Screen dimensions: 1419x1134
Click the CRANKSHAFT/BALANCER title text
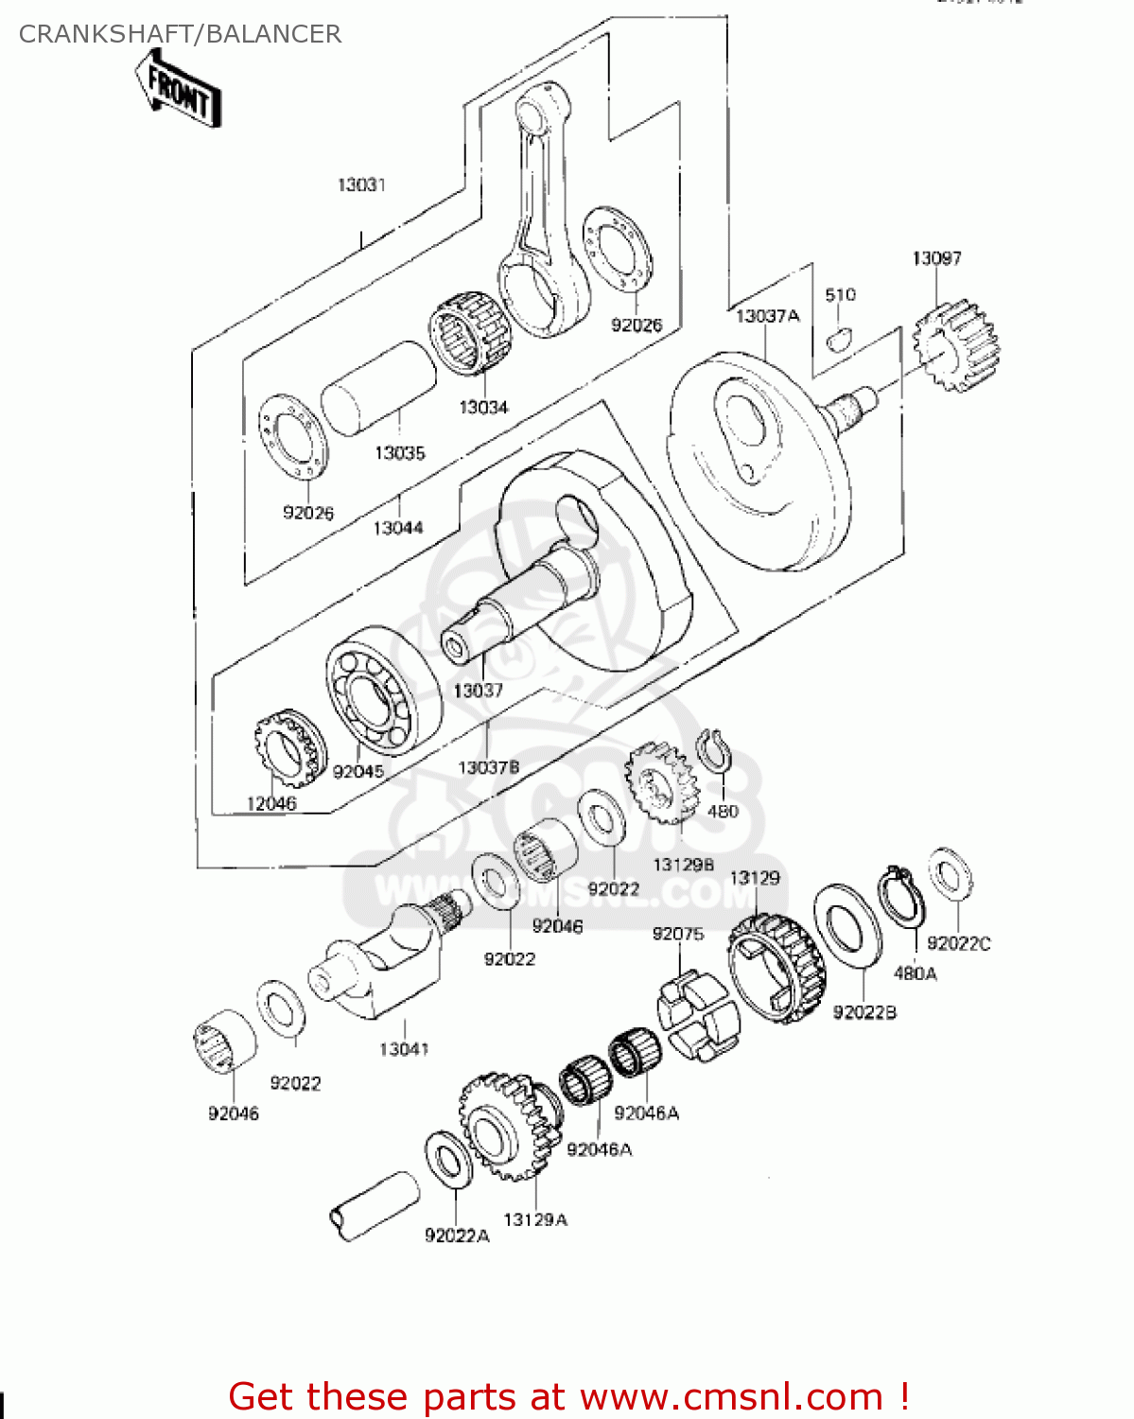click(180, 34)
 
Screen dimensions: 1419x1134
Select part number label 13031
click(361, 184)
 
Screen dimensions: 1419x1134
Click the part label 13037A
click(767, 316)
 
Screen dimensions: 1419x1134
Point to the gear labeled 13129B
click(660, 782)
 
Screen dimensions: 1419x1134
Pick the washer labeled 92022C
click(950, 873)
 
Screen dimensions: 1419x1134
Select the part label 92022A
click(457, 1235)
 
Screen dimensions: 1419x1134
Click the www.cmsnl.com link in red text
click(731, 1396)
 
